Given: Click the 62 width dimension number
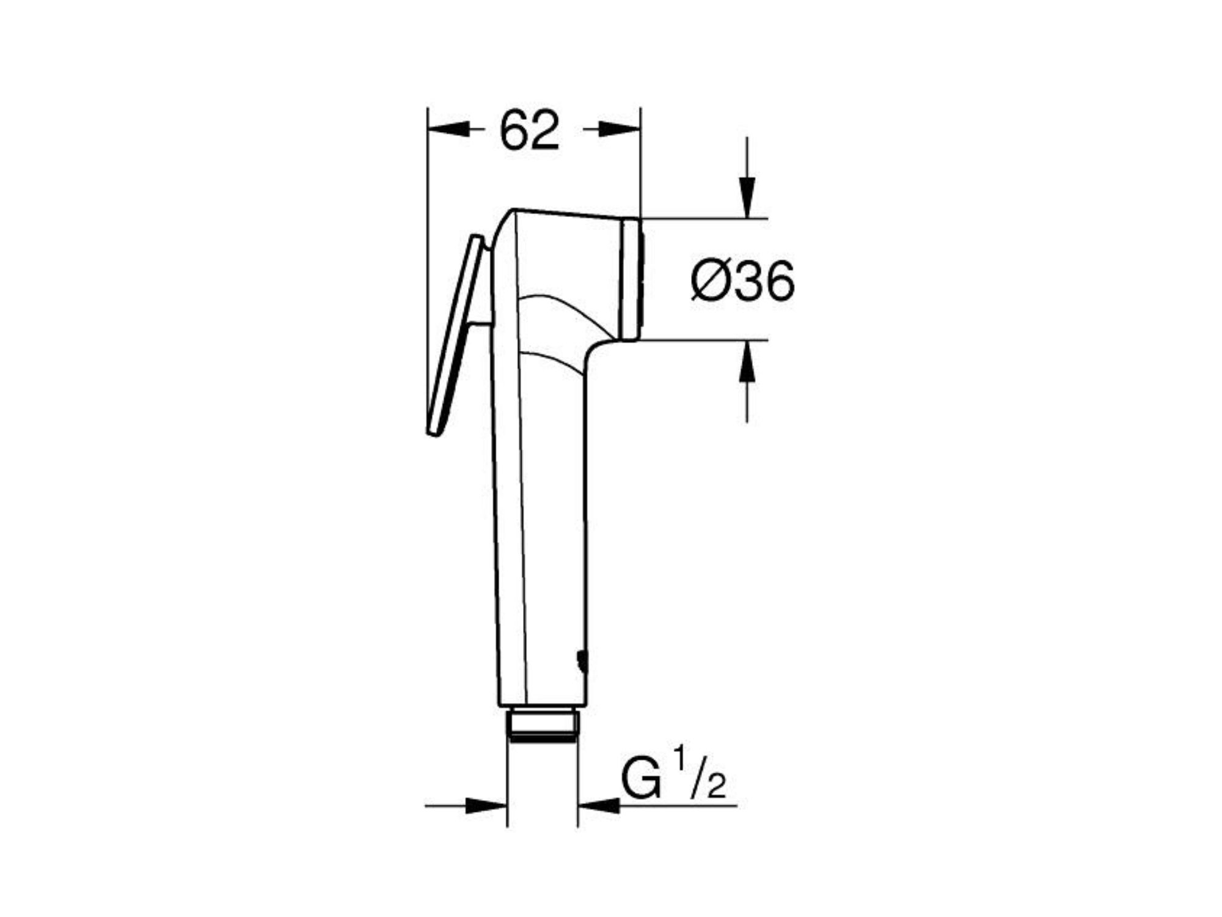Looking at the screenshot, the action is point(529,130).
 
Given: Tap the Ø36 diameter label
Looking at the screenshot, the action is point(742,281).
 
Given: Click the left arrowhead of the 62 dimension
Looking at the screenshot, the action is point(448,130).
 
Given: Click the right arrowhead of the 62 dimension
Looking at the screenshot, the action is point(620,130).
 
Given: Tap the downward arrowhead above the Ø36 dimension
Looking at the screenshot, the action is point(747,197).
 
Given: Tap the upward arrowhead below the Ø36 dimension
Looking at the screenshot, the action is point(747,361).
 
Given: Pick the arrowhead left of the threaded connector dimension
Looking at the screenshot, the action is point(486,806).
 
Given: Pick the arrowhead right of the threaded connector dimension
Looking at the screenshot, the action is point(599,806).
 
